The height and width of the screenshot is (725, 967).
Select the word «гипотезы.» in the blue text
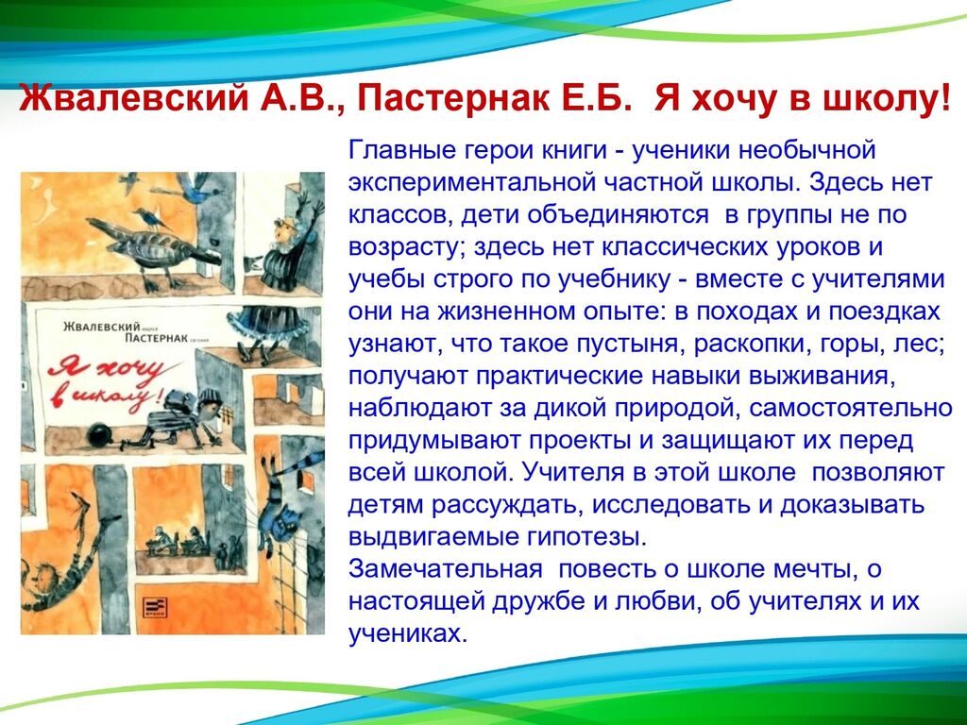[x=587, y=536]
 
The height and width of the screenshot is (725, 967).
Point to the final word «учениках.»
[x=408, y=633]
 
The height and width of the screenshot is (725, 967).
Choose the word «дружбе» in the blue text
[x=538, y=601]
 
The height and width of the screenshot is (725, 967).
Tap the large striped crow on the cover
[x=154, y=245]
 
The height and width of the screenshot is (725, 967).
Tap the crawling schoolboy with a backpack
[x=182, y=416]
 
